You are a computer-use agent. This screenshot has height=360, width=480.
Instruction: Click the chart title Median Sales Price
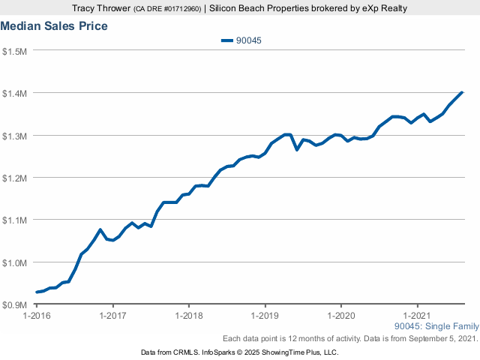pos(54,26)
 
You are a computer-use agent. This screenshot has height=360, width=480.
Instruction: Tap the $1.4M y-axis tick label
pos(15,93)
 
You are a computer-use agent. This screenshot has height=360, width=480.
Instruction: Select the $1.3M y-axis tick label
pos(15,136)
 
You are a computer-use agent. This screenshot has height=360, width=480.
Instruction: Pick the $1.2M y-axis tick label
pos(15,178)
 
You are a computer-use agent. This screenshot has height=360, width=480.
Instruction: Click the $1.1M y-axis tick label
pos(15,220)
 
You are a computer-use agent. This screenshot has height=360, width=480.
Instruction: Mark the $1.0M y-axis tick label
pos(15,262)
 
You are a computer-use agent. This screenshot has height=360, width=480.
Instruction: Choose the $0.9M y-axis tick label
pos(15,304)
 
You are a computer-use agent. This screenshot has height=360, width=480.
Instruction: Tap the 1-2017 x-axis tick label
pos(112,316)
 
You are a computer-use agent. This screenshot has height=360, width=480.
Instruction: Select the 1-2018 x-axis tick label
pos(189,316)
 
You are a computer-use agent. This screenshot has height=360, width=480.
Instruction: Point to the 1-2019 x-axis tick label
pos(265,316)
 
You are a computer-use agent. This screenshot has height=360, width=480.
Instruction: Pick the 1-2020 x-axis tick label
pos(341,316)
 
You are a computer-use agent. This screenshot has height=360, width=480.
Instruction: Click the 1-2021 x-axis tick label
pos(417,316)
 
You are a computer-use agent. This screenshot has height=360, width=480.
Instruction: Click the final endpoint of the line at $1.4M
pos(462,92)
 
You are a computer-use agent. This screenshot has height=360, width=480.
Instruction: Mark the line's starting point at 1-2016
pos(37,292)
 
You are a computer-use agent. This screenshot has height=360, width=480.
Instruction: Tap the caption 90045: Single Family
pos(435,327)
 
